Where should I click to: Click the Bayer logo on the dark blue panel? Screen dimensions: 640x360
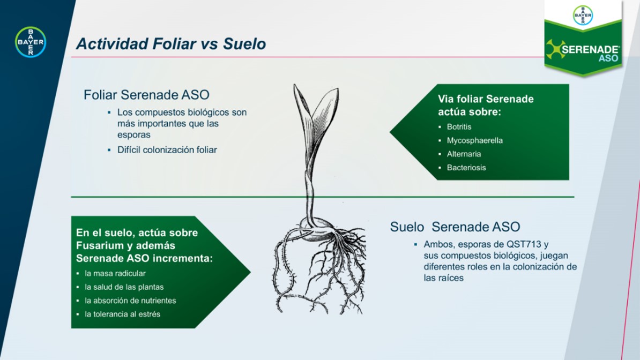(x=31, y=42)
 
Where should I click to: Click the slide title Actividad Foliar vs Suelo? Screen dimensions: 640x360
(x=171, y=44)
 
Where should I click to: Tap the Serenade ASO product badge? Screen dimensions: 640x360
(x=583, y=39)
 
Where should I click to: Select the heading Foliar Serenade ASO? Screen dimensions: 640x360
(x=146, y=95)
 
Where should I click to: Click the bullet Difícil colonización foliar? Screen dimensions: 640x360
(x=167, y=150)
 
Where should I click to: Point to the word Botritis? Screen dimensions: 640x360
(x=459, y=127)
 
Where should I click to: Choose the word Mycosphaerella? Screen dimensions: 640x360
(x=475, y=140)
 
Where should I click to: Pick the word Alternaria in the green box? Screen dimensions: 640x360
(x=464, y=154)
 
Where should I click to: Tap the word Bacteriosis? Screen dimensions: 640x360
(x=466, y=167)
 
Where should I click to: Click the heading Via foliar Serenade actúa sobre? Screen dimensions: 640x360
(x=486, y=106)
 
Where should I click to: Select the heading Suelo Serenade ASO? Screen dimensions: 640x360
(x=455, y=227)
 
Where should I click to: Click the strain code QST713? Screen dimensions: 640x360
(x=524, y=244)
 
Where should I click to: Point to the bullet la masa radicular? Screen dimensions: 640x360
(x=115, y=273)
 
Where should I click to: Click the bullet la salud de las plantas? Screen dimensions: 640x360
(x=124, y=287)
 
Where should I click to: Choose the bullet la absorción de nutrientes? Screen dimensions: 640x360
(x=130, y=301)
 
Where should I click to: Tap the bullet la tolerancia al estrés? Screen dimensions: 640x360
(x=122, y=314)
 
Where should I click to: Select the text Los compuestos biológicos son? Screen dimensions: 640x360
(x=182, y=112)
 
